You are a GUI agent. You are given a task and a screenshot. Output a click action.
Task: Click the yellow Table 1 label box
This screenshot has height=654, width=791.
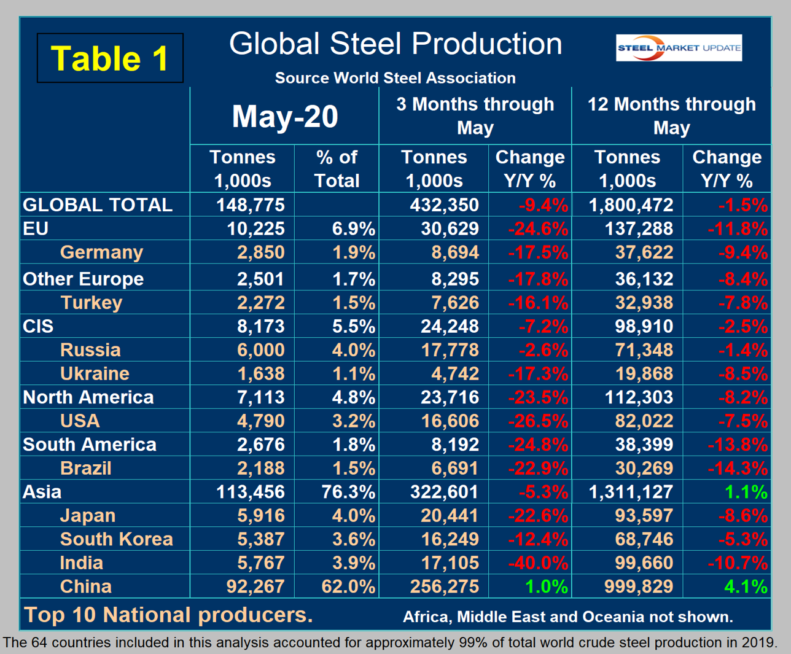click(110, 58)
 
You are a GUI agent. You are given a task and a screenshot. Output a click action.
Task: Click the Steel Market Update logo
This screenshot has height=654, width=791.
click(679, 48)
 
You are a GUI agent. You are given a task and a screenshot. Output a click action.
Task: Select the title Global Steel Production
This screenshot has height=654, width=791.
click(395, 44)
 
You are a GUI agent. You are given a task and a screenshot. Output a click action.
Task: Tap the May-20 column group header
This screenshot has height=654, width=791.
click(284, 116)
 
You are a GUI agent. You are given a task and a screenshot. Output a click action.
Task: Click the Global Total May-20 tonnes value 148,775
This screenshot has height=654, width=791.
click(250, 204)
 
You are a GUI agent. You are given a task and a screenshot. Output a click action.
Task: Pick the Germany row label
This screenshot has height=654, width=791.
click(101, 252)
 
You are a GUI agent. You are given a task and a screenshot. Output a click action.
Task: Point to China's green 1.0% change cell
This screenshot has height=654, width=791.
click(546, 586)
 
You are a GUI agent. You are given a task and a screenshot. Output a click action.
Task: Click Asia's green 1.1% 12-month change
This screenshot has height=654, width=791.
click(746, 492)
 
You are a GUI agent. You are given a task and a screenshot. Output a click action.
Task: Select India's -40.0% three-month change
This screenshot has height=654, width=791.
click(538, 563)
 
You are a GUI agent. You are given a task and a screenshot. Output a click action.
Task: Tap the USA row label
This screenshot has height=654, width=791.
click(80, 421)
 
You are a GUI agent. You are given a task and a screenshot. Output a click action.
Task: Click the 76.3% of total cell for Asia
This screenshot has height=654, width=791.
click(348, 492)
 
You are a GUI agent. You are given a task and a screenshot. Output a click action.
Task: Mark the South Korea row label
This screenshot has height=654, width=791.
click(116, 539)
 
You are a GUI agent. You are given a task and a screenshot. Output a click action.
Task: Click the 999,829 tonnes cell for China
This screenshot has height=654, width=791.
click(639, 586)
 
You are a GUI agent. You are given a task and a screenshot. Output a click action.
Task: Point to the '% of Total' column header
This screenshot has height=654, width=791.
click(337, 169)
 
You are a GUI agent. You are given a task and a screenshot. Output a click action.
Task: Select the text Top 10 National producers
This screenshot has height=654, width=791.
click(168, 615)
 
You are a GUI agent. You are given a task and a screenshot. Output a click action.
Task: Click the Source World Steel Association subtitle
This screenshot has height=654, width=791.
click(395, 78)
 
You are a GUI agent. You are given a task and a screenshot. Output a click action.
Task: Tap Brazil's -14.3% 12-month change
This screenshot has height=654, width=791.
click(738, 469)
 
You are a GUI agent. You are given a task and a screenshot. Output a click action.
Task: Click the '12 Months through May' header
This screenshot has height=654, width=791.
click(671, 115)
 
